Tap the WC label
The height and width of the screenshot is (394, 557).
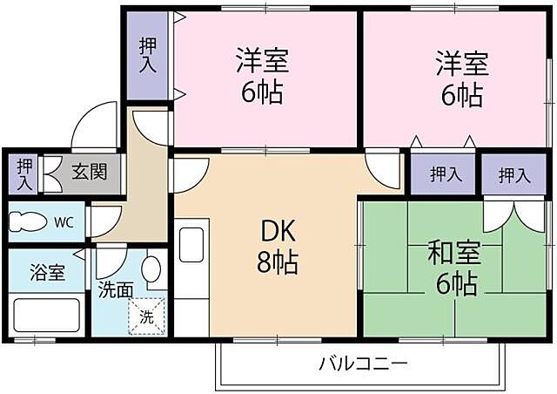(x=64, y=222)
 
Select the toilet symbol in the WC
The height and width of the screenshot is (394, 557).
(x=28, y=222)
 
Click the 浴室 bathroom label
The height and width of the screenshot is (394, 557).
(x=47, y=272)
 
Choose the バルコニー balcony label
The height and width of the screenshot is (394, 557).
(x=363, y=362)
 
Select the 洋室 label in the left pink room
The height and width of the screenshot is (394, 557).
(x=262, y=62)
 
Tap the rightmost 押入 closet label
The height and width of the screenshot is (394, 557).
(x=513, y=175)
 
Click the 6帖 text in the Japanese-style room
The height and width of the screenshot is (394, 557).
(x=452, y=283)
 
